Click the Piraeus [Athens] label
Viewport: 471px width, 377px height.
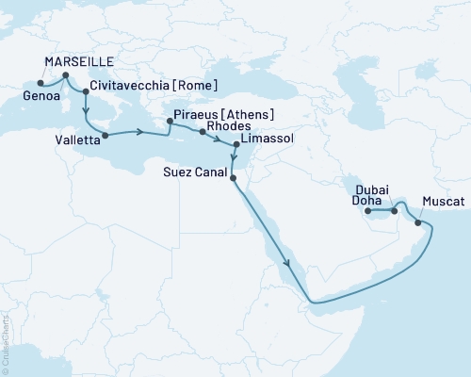[224, 117]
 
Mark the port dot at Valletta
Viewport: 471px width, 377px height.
[104, 135]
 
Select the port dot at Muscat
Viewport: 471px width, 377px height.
[418, 223]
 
